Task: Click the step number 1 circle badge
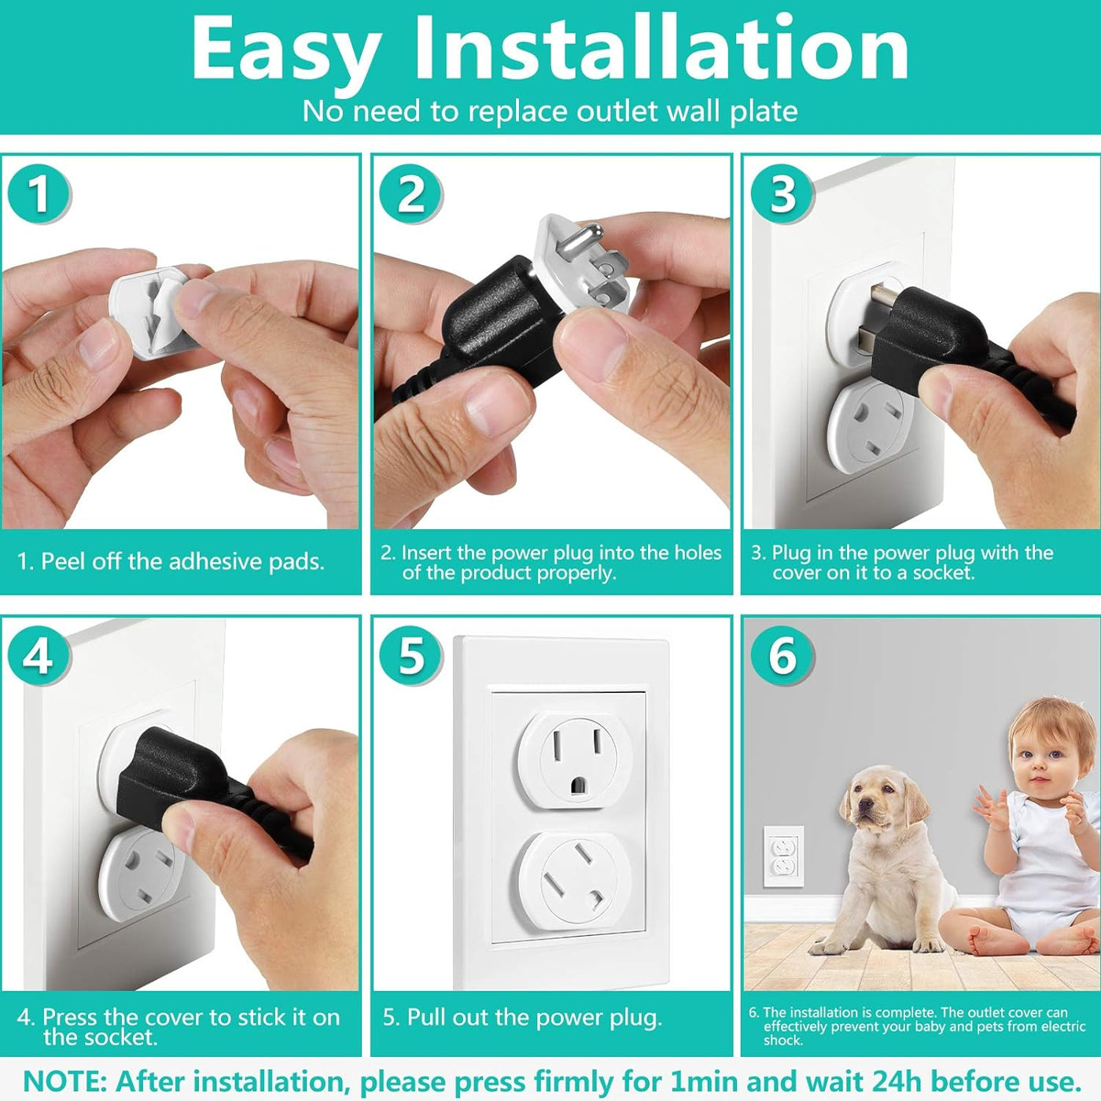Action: point(39,193)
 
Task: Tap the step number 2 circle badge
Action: point(411,193)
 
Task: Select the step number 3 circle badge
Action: point(782,193)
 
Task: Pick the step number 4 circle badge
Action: point(39,655)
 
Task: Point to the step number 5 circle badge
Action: point(411,655)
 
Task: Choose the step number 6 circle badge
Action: point(782,655)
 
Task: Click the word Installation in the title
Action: point(661,49)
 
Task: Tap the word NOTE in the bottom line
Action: point(64,1081)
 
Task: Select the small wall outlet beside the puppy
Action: point(783,856)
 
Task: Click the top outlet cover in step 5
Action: point(575,758)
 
